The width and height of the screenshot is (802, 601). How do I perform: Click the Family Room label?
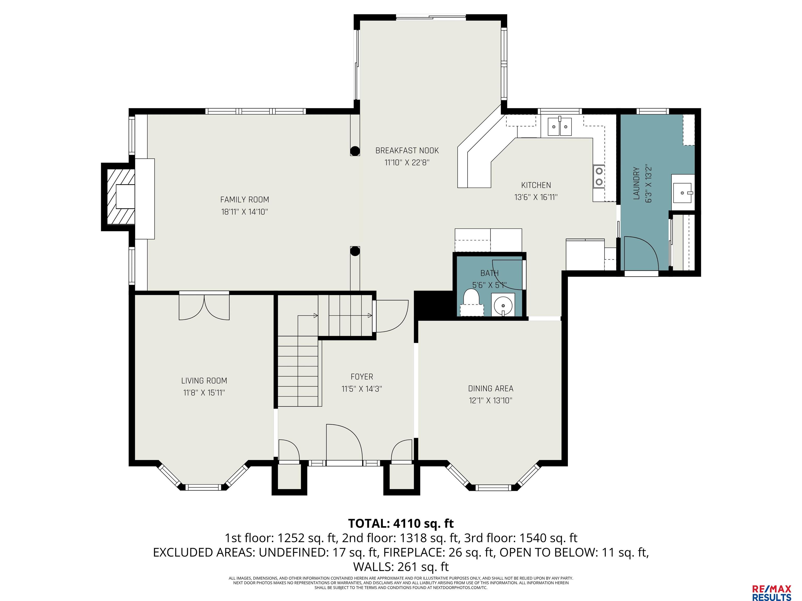(x=244, y=199)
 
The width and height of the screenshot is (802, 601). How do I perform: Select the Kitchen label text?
(x=536, y=185)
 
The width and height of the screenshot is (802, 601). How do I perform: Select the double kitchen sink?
(x=560, y=127)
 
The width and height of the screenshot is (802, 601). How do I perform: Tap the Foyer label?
(x=362, y=377)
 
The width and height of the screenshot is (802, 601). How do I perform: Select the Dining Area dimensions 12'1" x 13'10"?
(x=491, y=400)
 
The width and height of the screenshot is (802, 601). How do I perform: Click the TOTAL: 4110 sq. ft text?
(x=401, y=524)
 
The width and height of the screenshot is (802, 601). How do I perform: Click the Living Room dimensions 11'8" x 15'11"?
(x=204, y=392)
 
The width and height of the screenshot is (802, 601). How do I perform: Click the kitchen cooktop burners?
(x=599, y=176)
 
